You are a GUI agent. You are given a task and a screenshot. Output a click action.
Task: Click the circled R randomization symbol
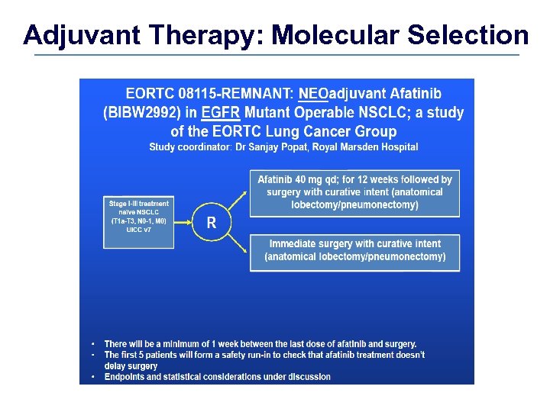pos(212,222)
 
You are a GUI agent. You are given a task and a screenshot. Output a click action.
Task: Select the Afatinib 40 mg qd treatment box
pos(354,192)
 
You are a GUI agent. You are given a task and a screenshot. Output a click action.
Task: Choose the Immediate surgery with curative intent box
pos(354,250)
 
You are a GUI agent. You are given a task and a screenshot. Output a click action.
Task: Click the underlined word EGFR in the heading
pos(220,113)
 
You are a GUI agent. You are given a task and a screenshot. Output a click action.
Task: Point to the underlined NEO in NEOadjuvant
pos(312,95)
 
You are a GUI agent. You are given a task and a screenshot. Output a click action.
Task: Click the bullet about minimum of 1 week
pos(260,344)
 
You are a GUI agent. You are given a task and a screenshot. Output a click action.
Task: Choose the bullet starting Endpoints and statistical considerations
pos(218,377)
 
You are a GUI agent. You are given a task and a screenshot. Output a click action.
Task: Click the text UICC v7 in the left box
pos(138,230)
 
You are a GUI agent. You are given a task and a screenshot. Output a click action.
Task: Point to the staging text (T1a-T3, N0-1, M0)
pos(138,221)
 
